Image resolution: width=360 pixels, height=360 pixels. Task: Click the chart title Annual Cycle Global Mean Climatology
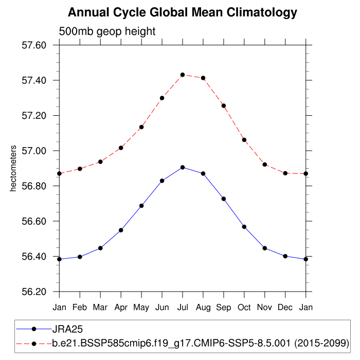point(183,12)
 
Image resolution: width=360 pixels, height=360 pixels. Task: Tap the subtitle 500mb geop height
point(107,32)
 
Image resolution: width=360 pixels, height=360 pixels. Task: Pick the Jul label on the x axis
point(183,308)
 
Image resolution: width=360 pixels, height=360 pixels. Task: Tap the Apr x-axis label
point(121,308)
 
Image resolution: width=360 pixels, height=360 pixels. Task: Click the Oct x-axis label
point(244,308)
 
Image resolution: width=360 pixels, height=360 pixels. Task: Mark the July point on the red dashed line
point(183,75)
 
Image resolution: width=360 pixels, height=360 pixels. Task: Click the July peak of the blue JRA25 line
point(183,167)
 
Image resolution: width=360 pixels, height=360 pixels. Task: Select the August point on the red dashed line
point(203,78)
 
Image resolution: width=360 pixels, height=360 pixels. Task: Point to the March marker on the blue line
point(100,248)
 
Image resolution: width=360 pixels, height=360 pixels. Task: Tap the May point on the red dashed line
point(141,127)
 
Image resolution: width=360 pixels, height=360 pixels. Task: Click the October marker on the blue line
point(244,227)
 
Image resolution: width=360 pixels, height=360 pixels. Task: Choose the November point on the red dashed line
point(265,165)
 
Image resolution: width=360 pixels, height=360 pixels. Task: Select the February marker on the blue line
point(80,257)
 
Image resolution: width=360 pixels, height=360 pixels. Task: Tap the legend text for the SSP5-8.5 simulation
point(201,343)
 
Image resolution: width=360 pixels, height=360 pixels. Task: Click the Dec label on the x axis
point(285,308)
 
